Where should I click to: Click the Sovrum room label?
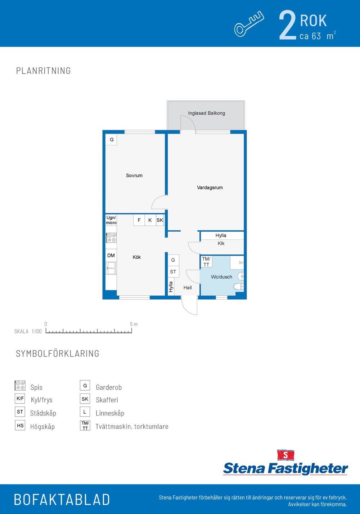pos(134,176)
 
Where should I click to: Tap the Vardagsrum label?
pos(210,187)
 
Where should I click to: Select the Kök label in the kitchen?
pos(136,257)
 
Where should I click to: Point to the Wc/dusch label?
pos(221,277)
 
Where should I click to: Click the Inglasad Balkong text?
pos(206,113)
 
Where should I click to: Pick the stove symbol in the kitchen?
pos(111,238)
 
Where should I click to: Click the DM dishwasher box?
pos(111,255)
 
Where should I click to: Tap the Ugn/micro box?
pos(111,220)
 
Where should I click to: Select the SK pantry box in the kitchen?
pos(160,220)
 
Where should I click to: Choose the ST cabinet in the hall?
pos(174,272)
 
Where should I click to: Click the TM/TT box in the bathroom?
pos(206,262)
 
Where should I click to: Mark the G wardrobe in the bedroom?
pos(111,140)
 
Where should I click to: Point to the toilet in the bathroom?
pos(239,286)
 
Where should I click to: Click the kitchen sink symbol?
pos(111,268)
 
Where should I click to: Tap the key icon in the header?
pos(249,24)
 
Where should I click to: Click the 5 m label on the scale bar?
pos(134,324)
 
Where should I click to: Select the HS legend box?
pos(20,425)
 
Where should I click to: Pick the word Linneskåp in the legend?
pos(110,413)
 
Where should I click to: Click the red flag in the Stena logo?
pos(285,455)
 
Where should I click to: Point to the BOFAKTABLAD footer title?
pos(62,499)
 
